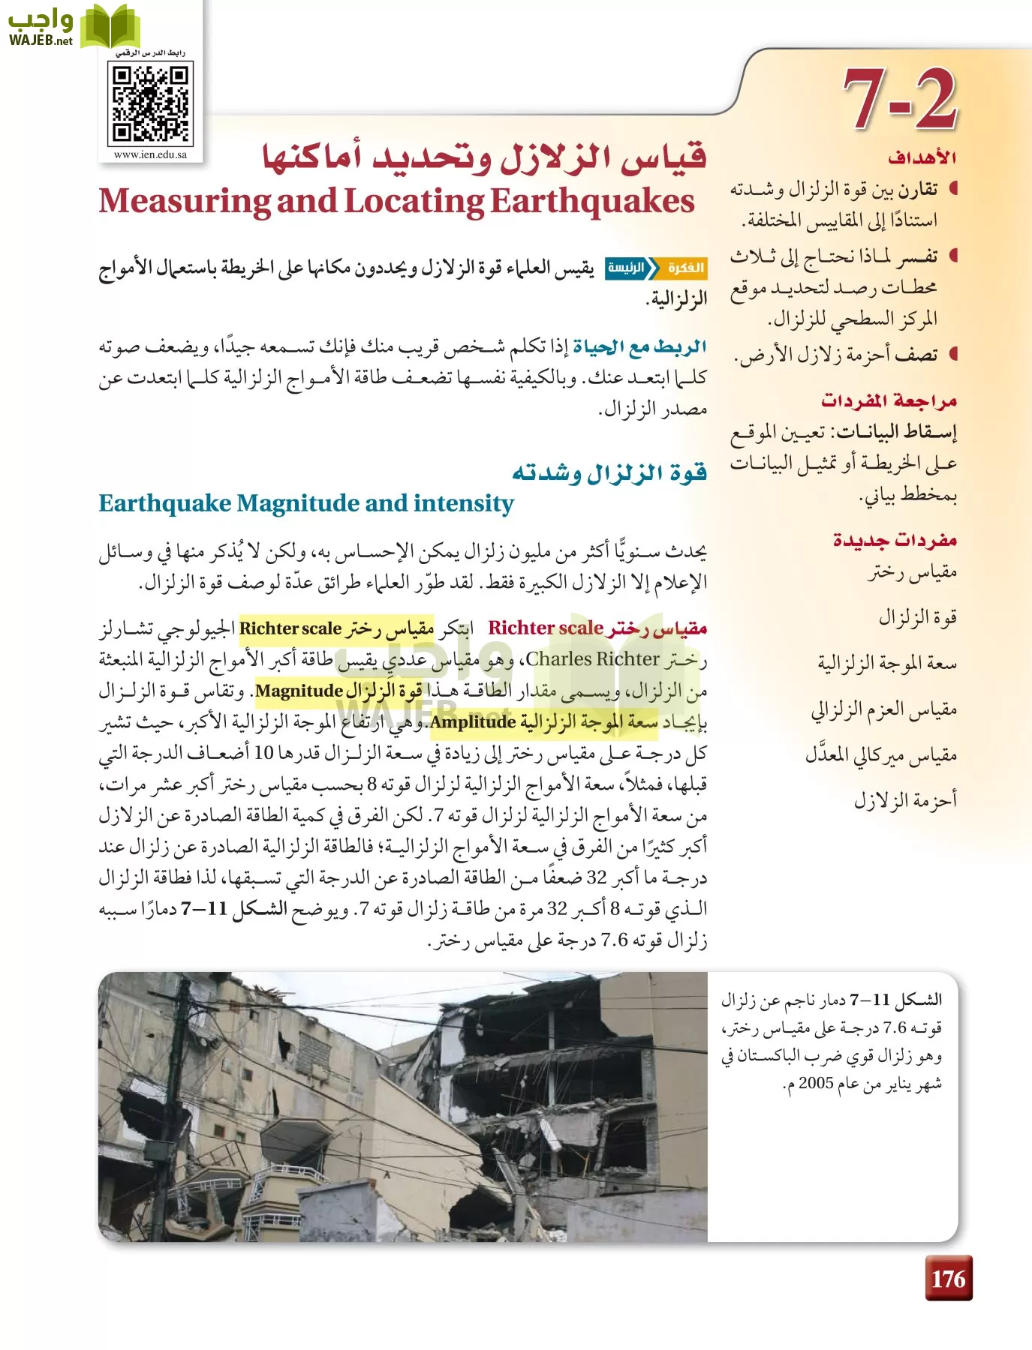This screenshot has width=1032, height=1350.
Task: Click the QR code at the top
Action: click(x=151, y=103)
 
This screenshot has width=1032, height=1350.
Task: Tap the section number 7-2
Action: click(x=899, y=98)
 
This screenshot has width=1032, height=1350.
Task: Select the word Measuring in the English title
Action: click(x=185, y=201)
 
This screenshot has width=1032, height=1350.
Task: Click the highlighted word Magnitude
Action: click(x=299, y=691)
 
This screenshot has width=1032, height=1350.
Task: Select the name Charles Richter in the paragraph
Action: click(x=592, y=659)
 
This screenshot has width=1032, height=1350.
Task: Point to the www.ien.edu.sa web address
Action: click(x=150, y=155)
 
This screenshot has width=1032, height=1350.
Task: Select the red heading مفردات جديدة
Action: click(x=895, y=540)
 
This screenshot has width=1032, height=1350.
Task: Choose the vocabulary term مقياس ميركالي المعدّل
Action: click(x=881, y=754)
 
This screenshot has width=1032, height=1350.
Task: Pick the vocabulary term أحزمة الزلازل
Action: click(x=905, y=799)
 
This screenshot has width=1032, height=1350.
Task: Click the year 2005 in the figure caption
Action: click(x=814, y=1084)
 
